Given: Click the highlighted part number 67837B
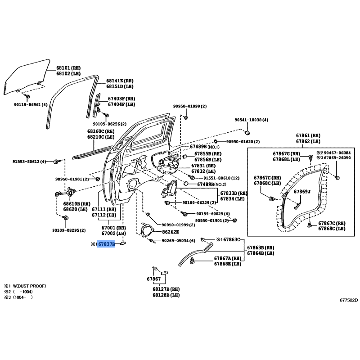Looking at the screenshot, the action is coord(106,244).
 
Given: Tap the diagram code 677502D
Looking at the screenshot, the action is coord(349,300).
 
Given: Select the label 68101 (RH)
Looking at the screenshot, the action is coord(68,68).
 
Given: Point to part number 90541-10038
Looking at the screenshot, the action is coord(248,120).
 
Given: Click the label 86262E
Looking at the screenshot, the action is coord(171,232).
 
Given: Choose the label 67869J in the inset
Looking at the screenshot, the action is coord(302,192).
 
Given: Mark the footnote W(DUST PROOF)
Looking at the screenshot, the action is coord(29,286).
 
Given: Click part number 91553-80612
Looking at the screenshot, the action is coord(26,162).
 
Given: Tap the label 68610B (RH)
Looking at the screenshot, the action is coord(76,204).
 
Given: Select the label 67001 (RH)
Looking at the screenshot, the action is coord(114,228).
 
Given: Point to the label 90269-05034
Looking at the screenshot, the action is coord(175,241).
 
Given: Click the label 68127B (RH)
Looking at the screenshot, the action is coord(166,289).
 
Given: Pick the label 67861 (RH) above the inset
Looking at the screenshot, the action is coord(308,136).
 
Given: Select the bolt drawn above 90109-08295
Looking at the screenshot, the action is coord(65,217).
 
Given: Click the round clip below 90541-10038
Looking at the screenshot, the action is coord(247,132).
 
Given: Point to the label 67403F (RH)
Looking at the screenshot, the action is coord(121,99).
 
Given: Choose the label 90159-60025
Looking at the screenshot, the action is coord(210,214).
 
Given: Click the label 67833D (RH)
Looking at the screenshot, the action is coord(234,193).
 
